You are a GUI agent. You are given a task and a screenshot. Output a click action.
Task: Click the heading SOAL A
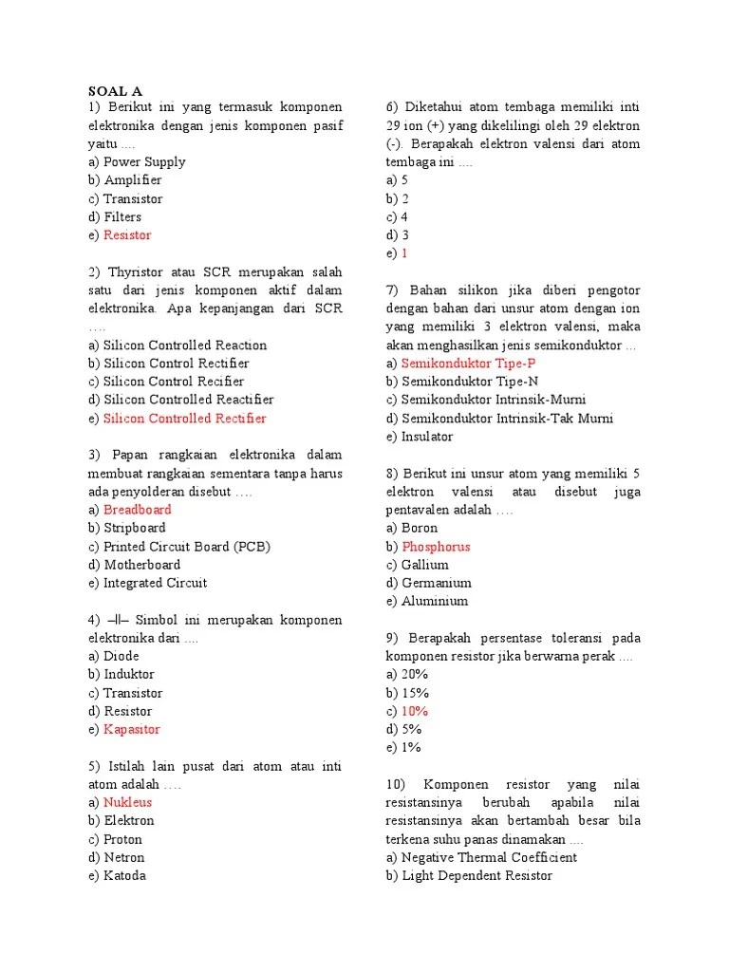click(115, 91)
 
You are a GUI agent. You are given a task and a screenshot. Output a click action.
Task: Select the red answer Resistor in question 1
click(127, 235)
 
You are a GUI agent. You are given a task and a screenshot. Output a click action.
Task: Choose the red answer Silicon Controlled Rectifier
click(184, 419)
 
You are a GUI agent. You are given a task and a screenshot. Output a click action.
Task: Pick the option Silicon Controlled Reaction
click(185, 346)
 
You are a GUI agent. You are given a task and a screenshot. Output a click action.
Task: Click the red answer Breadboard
click(137, 510)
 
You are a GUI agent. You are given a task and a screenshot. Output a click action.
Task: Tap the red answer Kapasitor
click(131, 730)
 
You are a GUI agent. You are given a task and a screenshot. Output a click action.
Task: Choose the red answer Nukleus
click(127, 803)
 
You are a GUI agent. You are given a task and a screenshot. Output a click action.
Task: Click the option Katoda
click(124, 876)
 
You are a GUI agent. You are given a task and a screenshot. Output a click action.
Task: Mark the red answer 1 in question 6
click(404, 253)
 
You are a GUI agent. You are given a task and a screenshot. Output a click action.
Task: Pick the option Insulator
click(427, 437)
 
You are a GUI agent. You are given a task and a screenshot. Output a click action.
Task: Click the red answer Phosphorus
click(436, 547)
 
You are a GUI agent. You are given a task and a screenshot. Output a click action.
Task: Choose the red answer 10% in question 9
click(415, 711)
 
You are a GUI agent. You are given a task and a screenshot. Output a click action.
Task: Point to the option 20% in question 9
click(415, 675)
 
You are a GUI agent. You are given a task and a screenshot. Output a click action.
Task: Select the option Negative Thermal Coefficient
click(489, 857)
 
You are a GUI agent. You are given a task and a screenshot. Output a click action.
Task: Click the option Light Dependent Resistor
click(477, 876)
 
